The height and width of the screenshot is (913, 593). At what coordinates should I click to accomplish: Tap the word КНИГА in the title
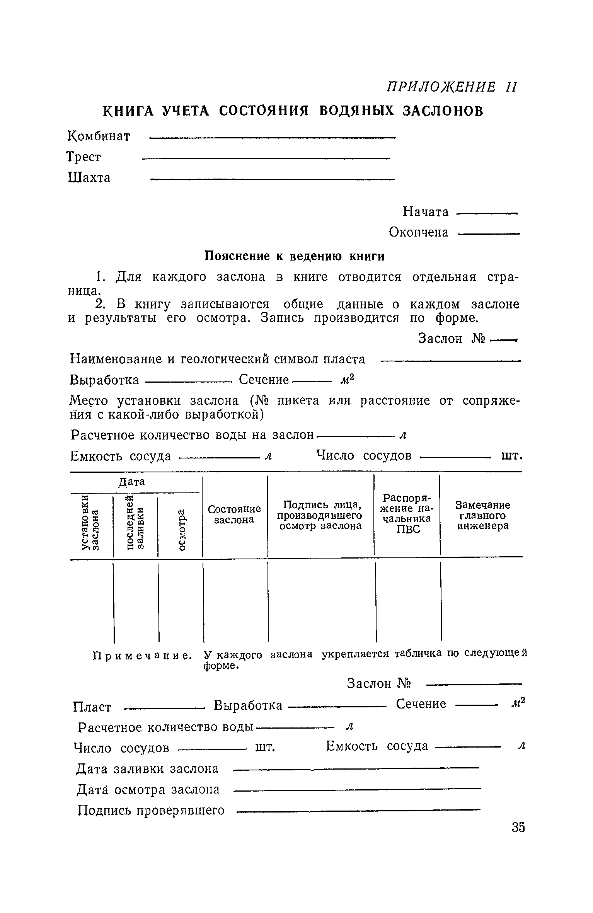point(128,111)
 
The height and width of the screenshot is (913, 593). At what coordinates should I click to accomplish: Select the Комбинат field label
point(99,136)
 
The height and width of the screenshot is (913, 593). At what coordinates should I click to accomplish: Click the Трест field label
point(84,157)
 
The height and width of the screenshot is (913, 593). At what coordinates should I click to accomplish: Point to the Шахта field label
point(89,178)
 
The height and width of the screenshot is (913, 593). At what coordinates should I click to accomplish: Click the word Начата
point(426,212)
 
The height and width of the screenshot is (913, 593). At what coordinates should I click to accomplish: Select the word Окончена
point(419,232)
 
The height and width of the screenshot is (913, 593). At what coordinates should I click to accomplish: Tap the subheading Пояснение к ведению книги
point(294,256)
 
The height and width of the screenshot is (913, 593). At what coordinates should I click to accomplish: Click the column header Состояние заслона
point(234,514)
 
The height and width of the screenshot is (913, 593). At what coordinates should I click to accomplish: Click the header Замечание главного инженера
point(483,515)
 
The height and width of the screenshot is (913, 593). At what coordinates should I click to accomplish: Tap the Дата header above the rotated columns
point(131,482)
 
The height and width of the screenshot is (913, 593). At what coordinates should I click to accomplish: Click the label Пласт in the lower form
point(92,707)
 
